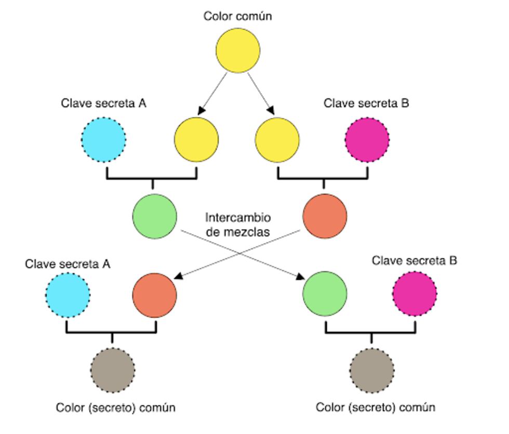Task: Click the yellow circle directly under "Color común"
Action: click(x=238, y=50)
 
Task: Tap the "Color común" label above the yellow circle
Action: click(x=237, y=16)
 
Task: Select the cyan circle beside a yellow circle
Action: click(x=104, y=140)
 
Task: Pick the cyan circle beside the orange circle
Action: click(x=68, y=295)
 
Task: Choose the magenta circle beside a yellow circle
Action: click(x=367, y=140)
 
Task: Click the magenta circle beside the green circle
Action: click(x=414, y=294)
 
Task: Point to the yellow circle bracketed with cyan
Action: click(x=196, y=140)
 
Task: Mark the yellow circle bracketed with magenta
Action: click(x=277, y=140)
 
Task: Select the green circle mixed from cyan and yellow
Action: click(x=155, y=216)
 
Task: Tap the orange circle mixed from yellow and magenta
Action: click(x=325, y=216)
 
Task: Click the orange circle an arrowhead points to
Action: click(x=155, y=295)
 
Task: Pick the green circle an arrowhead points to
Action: click(x=325, y=294)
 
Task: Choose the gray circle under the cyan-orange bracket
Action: click(x=112, y=370)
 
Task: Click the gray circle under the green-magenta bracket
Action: click(x=371, y=370)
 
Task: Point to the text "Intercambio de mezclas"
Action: click(x=238, y=224)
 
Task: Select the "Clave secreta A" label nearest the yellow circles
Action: click(x=103, y=103)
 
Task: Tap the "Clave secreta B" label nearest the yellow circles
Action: click(x=366, y=103)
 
